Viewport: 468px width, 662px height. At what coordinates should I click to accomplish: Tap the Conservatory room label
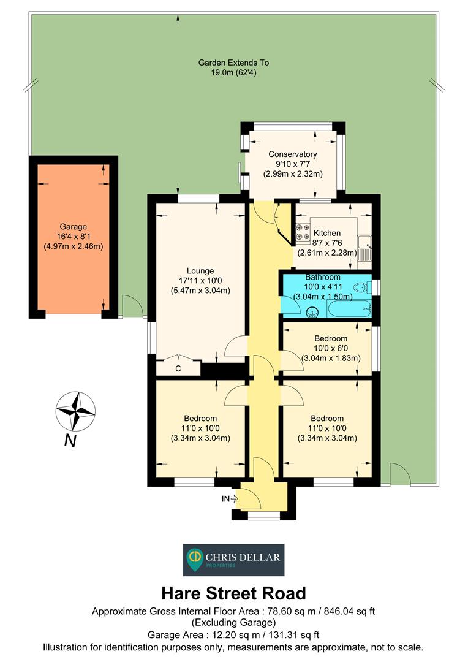293,154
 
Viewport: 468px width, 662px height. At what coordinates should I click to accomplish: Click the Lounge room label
200,270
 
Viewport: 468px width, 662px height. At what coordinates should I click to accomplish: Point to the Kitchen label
327,233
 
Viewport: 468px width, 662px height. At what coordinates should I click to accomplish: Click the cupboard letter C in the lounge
178,368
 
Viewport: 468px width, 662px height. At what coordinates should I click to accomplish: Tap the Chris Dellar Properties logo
234,560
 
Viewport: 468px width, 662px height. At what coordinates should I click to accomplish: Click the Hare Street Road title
233,593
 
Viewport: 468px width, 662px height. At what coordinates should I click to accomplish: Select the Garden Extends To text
233,63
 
